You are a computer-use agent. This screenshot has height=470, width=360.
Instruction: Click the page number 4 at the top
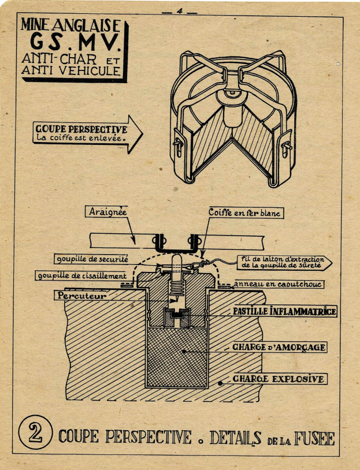coord(179,11)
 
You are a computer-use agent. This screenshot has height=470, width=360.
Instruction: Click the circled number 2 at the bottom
coord(35,432)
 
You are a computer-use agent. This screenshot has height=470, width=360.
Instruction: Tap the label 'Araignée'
coord(107,212)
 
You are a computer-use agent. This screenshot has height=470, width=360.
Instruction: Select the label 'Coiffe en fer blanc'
coord(244,212)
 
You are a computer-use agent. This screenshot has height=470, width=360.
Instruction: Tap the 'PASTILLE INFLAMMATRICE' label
coord(284,311)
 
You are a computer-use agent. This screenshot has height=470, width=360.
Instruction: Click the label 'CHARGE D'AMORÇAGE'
coord(279,348)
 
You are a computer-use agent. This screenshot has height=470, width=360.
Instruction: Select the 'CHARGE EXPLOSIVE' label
coord(279,379)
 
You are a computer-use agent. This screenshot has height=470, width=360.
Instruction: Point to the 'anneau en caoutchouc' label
coord(278,284)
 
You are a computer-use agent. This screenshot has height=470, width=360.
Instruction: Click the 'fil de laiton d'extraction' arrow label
coord(284,263)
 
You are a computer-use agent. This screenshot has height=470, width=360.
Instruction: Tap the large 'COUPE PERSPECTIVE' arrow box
coord(88,134)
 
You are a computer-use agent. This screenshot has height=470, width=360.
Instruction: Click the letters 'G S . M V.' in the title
coord(75,42)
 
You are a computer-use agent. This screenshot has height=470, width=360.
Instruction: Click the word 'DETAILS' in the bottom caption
coord(235,438)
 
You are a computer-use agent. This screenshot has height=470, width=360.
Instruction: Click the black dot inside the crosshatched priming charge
coord(184,351)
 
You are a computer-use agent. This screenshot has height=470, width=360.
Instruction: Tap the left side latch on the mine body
coord(178,146)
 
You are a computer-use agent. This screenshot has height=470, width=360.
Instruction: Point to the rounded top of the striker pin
coord(176,257)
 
